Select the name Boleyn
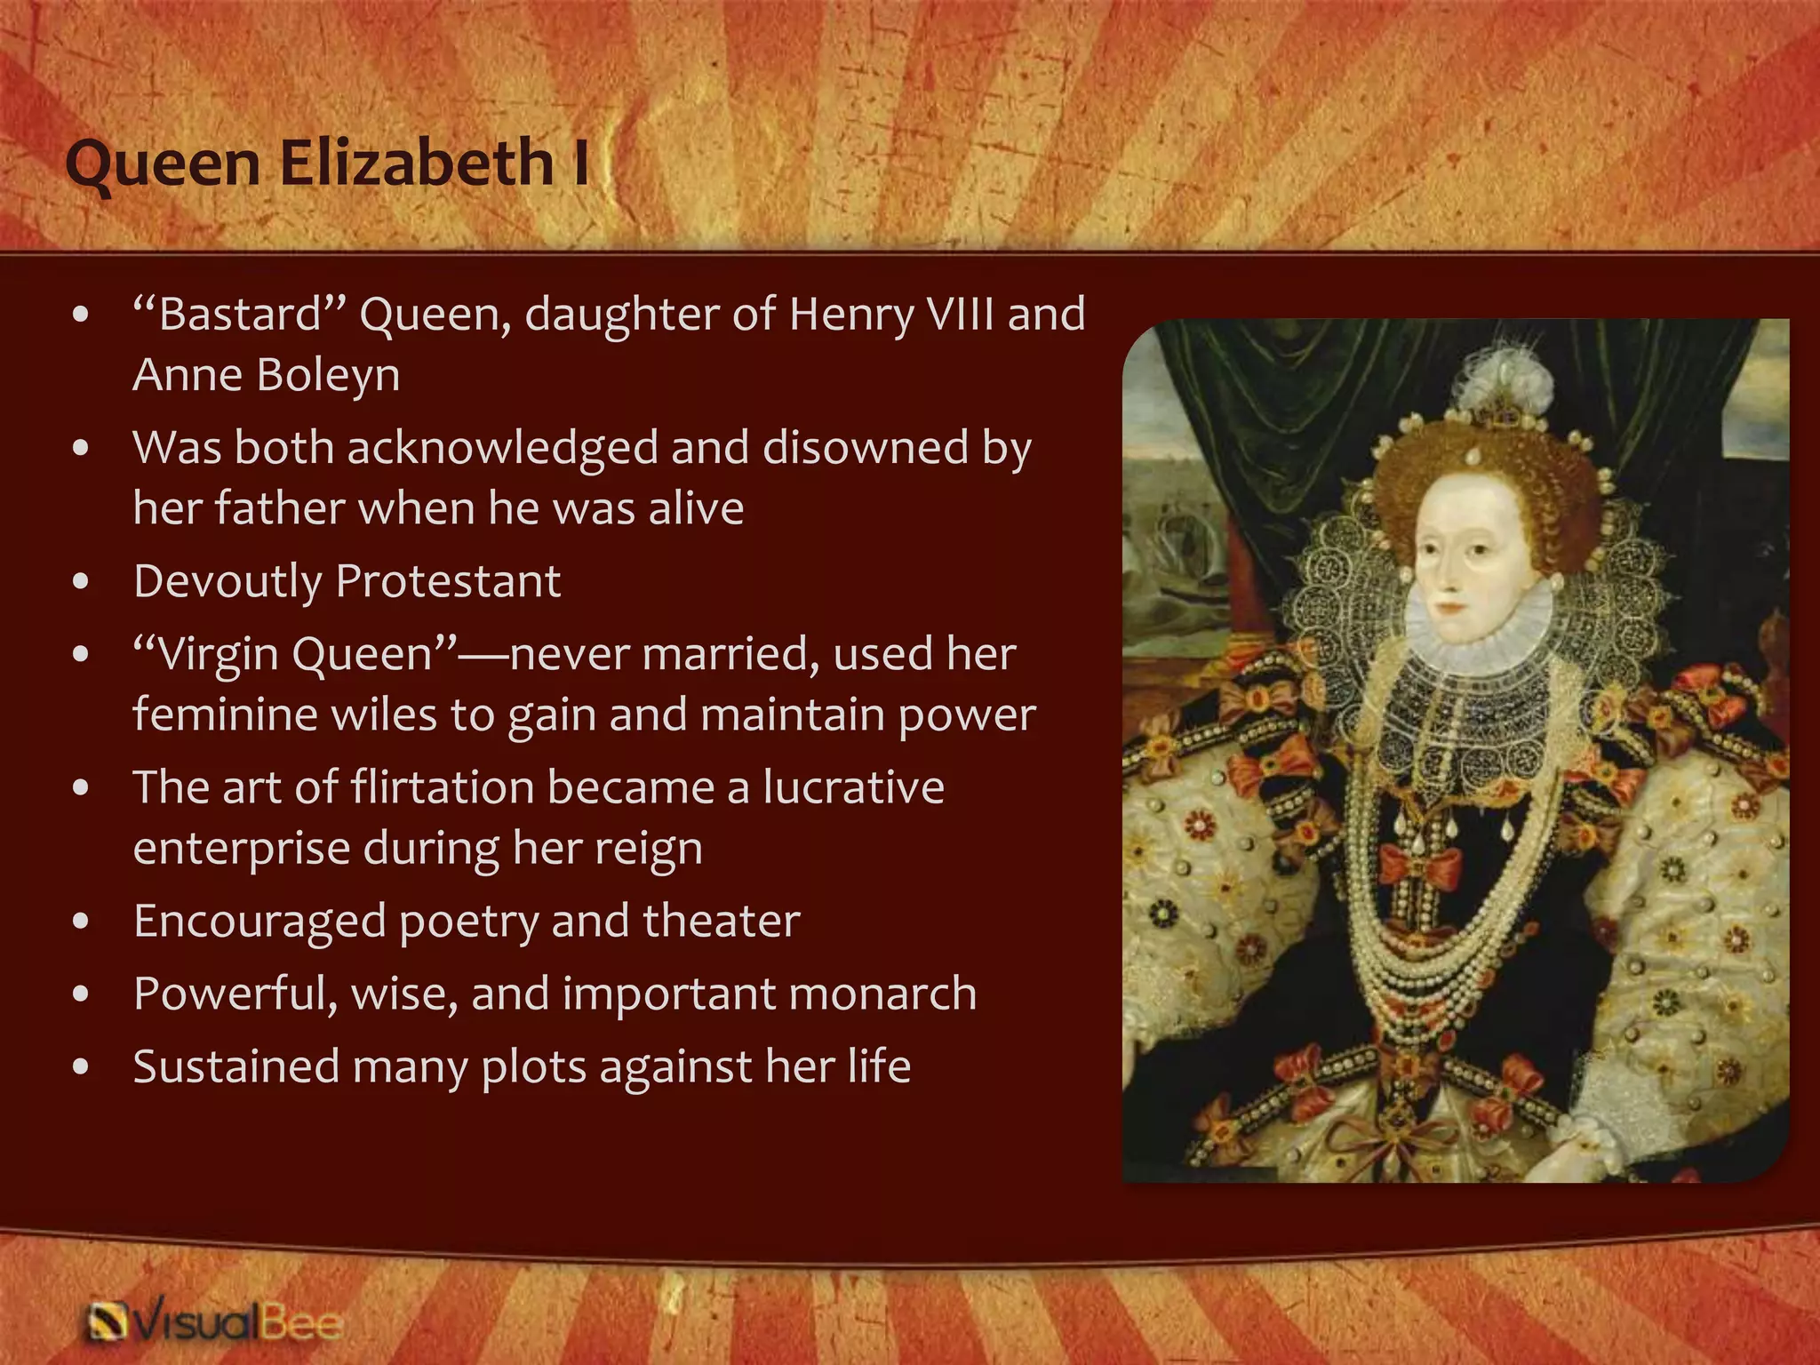tap(328, 374)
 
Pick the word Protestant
tap(449, 581)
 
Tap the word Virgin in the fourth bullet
tap(218, 654)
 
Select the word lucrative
tap(853, 787)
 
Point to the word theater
tap(721, 921)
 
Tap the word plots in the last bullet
tap(533, 1066)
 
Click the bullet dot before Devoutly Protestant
tap(81, 582)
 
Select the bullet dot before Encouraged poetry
tap(81, 922)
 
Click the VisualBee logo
tap(213, 1321)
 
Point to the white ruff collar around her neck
tap(1475, 635)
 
